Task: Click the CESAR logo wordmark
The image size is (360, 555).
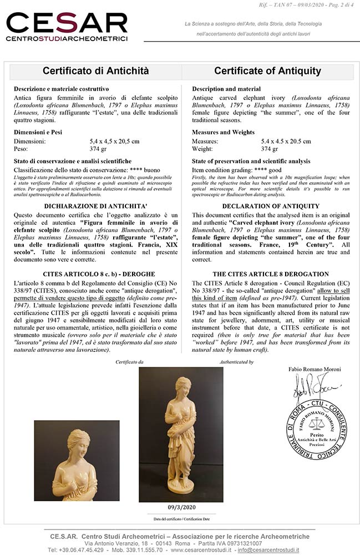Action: click(67, 23)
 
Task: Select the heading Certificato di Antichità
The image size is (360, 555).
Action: click(96, 71)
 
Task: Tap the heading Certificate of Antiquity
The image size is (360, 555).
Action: click(267, 71)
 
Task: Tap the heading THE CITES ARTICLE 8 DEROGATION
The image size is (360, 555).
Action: click(270, 274)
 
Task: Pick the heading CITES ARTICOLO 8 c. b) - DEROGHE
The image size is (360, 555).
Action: click(96, 274)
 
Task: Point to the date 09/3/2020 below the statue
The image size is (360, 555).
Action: click(180, 506)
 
